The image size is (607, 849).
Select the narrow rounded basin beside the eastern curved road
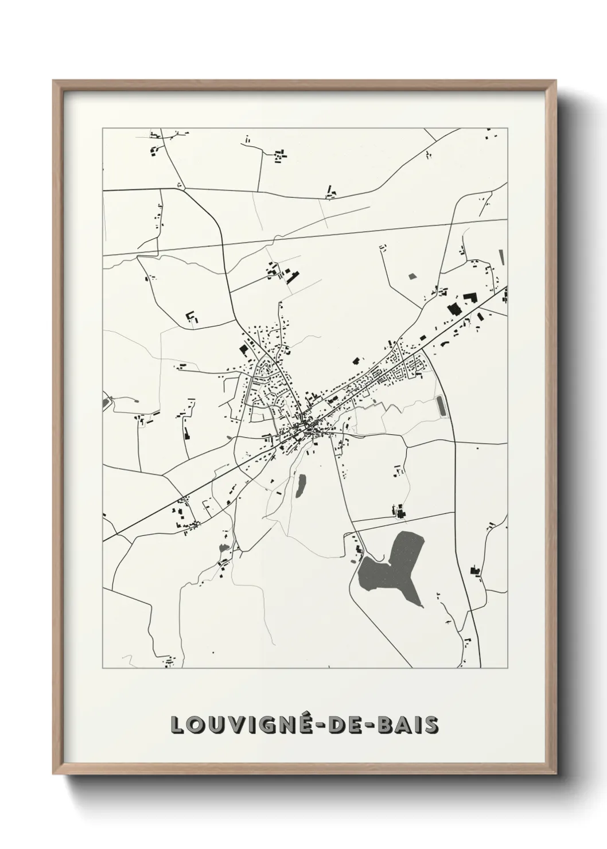coord(441,406)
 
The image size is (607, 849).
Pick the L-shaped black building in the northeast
coord(470,297)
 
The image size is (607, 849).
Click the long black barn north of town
coord(292,277)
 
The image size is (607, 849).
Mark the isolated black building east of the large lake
coord(474,570)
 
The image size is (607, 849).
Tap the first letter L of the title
coord(177,725)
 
